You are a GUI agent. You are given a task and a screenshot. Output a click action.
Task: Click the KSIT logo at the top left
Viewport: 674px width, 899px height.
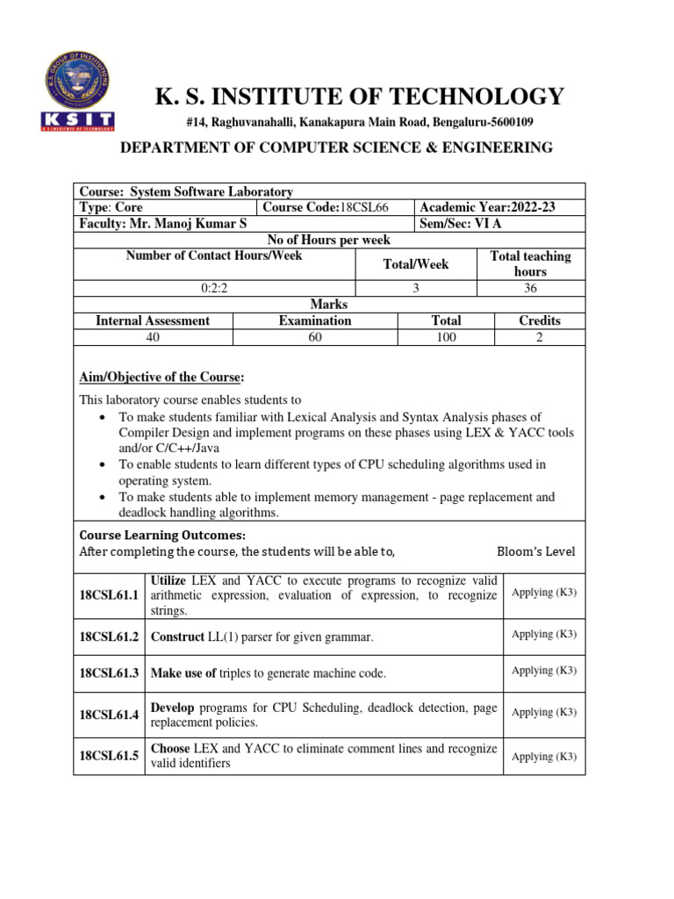pyautogui.click(x=77, y=90)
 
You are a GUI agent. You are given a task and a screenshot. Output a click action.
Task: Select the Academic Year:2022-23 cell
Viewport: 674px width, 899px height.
pyautogui.click(x=488, y=207)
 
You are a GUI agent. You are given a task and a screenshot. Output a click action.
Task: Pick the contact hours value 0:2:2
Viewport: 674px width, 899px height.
pyautogui.click(x=214, y=288)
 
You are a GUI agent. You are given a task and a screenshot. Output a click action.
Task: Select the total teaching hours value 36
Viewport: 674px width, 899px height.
pyautogui.click(x=530, y=288)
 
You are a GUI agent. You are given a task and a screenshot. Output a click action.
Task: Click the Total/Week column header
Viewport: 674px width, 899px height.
pyautogui.click(x=416, y=264)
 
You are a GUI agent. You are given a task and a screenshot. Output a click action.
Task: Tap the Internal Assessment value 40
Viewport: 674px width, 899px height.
pyautogui.click(x=153, y=337)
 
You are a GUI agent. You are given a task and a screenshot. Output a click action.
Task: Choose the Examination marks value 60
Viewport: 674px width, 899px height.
pyautogui.click(x=315, y=337)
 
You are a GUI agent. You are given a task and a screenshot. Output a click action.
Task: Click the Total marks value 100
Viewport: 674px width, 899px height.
pyautogui.click(x=446, y=337)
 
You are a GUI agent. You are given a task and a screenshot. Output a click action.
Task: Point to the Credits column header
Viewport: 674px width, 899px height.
pyautogui.click(x=539, y=320)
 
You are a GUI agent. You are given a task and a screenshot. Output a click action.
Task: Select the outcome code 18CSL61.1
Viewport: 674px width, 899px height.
pyautogui.click(x=110, y=595)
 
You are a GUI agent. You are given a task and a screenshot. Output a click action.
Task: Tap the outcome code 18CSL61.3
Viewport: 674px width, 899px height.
pyautogui.click(x=110, y=673)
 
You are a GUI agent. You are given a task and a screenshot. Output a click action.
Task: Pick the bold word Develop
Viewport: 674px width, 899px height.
pyautogui.click(x=174, y=707)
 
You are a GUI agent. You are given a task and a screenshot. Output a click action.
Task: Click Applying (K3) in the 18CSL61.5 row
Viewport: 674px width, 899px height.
pyautogui.click(x=544, y=756)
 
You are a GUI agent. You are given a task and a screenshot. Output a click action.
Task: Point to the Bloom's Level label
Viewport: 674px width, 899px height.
pyautogui.click(x=535, y=551)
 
